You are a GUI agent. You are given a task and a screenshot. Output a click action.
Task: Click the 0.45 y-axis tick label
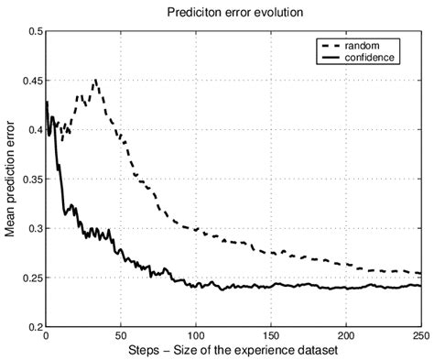click(x=29, y=81)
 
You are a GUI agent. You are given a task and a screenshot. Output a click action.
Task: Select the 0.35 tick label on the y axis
click(x=29, y=180)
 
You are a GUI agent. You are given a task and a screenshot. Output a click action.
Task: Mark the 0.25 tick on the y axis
click(x=29, y=278)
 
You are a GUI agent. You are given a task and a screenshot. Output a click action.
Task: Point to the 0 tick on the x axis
click(x=45, y=336)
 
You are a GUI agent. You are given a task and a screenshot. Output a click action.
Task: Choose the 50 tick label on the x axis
click(x=120, y=336)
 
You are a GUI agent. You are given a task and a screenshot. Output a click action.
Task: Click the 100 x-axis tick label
click(x=195, y=336)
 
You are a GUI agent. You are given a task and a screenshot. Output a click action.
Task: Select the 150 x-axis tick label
click(x=270, y=336)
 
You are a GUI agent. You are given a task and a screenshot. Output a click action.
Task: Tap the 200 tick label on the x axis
click(x=345, y=336)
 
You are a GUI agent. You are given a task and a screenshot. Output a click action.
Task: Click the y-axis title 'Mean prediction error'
click(x=10, y=180)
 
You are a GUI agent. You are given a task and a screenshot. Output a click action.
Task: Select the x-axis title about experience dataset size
click(x=233, y=350)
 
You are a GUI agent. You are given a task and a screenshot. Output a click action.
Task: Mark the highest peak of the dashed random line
click(x=95, y=81)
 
